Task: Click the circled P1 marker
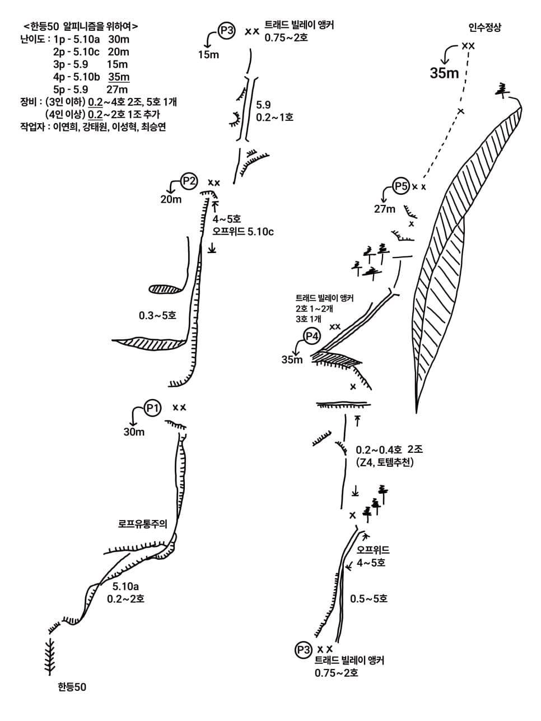click(x=153, y=408)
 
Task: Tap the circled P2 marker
click(x=189, y=181)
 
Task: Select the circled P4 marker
click(x=312, y=336)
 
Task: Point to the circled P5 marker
click(x=401, y=186)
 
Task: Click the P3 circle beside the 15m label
click(x=227, y=31)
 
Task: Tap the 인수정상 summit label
click(x=485, y=27)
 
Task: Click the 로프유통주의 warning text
click(x=143, y=523)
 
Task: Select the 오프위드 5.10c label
click(x=242, y=232)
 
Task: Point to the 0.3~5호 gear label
click(x=158, y=316)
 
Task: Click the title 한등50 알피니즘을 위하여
click(x=81, y=26)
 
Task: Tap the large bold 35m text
click(x=444, y=73)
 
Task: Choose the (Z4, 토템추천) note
click(x=385, y=462)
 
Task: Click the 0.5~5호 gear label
click(x=369, y=598)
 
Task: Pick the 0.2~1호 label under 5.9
click(x=274, y=117)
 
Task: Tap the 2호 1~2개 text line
click(x=314, y=309)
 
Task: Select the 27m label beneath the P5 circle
click(x=385, y=209)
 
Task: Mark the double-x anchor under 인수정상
click(x=468, y=46)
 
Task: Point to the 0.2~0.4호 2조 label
click(x=389, y=450)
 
